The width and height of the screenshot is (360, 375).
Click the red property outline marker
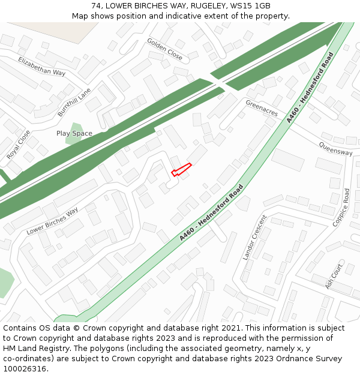181,170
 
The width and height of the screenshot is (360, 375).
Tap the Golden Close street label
164,50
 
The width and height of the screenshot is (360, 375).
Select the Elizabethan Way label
41,67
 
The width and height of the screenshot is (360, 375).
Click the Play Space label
74,133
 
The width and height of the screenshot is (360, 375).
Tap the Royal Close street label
18,145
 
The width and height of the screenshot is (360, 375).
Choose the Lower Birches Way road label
52,221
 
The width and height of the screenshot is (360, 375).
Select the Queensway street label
335,149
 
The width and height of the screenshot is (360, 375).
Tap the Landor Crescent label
254,237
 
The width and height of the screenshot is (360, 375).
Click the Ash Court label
334,276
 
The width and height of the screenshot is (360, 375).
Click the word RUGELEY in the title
202,5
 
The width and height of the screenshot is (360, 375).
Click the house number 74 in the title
97,5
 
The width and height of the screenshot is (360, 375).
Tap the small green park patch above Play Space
75,128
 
